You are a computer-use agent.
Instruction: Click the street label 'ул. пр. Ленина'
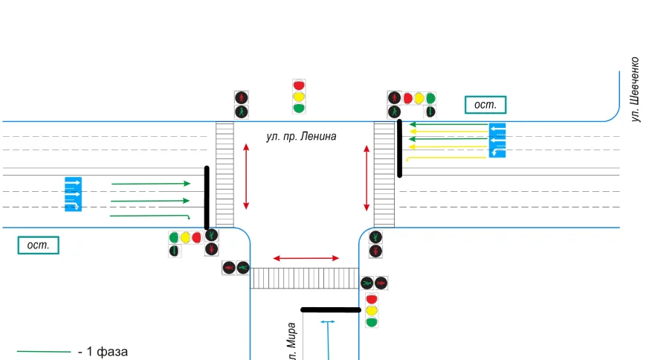(301, 137)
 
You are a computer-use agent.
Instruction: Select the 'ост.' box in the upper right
(485, 105)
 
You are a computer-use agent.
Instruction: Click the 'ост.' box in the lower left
(37, 245)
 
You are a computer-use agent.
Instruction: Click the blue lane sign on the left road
(72, 194)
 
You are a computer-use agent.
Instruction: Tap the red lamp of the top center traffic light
(299, 86)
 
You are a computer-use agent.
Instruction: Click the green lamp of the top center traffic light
(299, 108)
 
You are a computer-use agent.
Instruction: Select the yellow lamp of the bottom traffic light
(372, 310)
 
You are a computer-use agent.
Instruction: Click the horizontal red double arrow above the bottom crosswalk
(306, 258)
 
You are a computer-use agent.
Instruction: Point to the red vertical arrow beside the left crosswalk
(247, 177)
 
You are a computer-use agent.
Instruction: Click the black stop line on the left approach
(207, 197)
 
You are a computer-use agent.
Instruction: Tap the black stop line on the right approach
(400, 148)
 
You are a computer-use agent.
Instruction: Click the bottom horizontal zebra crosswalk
(305, 278)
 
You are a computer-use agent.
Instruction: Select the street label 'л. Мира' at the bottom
(293, 342)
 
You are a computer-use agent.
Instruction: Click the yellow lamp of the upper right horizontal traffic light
(419, 98)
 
